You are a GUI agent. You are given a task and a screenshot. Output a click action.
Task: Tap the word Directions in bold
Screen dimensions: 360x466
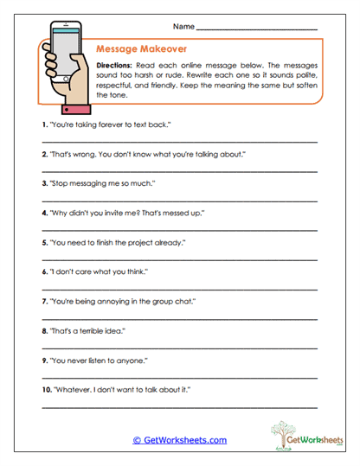[x=113, y=66]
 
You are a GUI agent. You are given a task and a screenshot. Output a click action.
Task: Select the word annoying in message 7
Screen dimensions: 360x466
[x=117, y=301]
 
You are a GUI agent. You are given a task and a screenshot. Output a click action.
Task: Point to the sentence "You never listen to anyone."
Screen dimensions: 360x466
[x=97, y=360]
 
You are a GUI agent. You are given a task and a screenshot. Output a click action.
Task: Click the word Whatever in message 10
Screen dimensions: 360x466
[x=70, y=389]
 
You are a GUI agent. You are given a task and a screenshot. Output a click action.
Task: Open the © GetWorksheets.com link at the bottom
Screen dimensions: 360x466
[x=179, y=439]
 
